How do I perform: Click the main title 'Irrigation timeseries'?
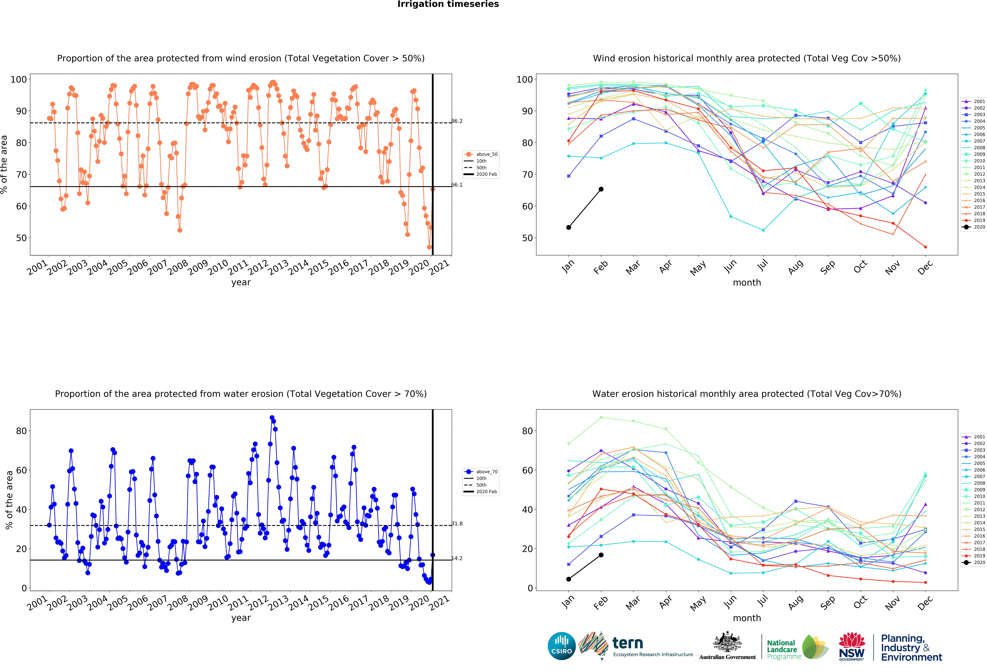point(448,4)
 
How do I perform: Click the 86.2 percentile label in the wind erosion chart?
point(457,121)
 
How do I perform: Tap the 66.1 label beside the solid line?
point(457,185)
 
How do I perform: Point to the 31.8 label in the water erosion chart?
point(457,523)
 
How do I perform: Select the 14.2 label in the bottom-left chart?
point(457,558)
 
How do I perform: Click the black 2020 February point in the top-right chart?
point(601,189)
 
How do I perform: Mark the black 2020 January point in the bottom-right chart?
point(569,579)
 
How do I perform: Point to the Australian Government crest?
point(728,643)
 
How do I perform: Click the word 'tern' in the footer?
point(628,643)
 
